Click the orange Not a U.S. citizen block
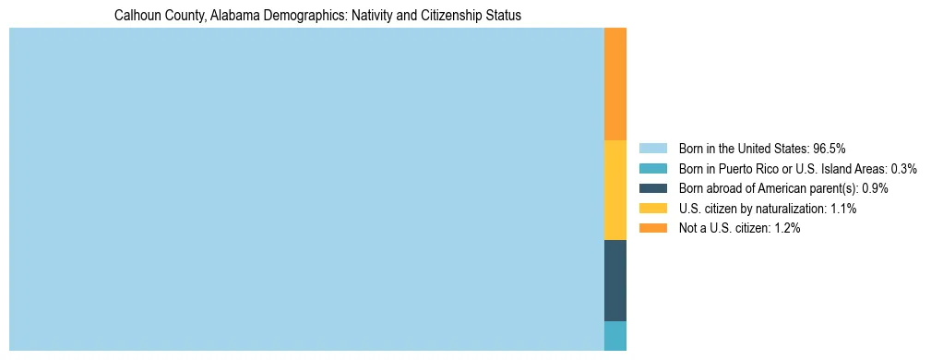pyautogui.click(x=615, y=84)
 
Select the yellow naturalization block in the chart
pyautogui.click(x=615, y=190)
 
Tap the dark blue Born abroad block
pyautogui.click(x=615, y=281)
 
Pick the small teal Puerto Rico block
pyautogui.click(x=615, y=336)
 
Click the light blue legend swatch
pyautogui.click(x=652, y=149)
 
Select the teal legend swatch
pyautogui.click(x=652, y=169)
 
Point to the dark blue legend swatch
pyautogui.click(x=652, y=188)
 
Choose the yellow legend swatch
pyautogui.click(x=652, y=209)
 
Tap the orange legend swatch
pyautogui.click(x=652, y=228)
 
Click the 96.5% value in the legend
pyautogui.click(x=830, y=149)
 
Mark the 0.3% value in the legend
pyautogui.click(x=904, y=169)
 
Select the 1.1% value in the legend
pyautogui.click(x=843, y=209)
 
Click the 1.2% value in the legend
pyautogui.click(x=787, y=228)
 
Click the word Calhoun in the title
pyautogui.click(x=136, y=16)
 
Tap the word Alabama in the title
pyautogui.click(x=224, y=16)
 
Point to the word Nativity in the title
pyautogui.click(x=374, y=16)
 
